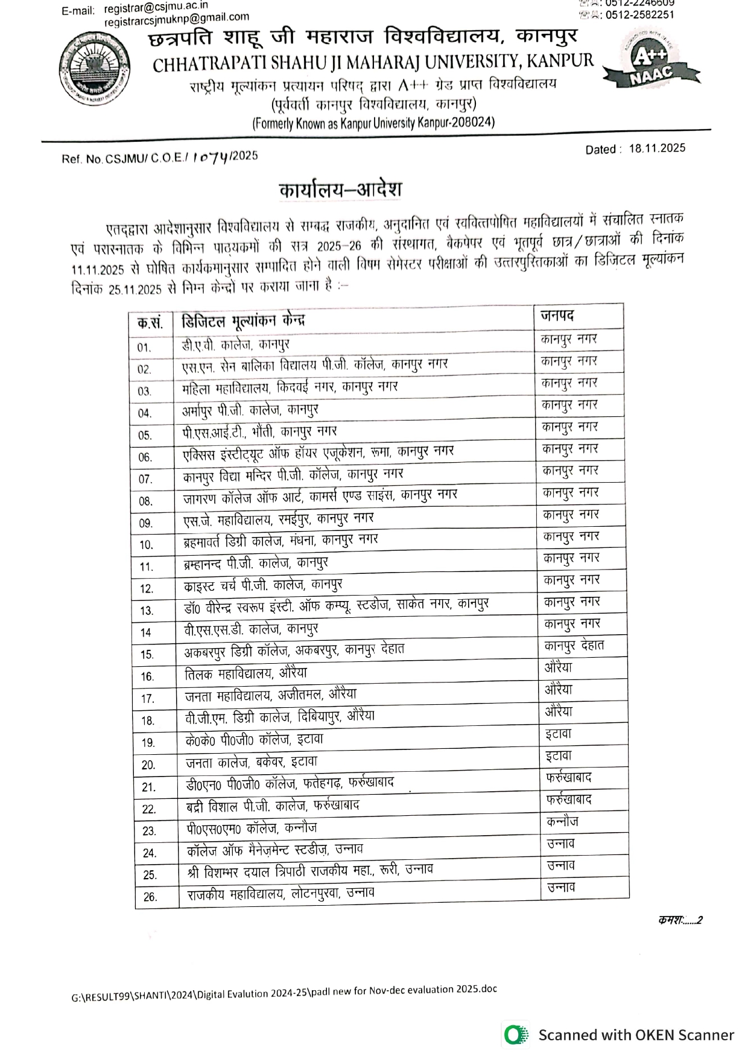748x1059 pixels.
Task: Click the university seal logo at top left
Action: tap(95, 68)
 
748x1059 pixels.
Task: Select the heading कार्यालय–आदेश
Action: tap(340, 189)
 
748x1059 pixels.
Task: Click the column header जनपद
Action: tap(557, 316)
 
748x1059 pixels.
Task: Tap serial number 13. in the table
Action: tap(147, 611)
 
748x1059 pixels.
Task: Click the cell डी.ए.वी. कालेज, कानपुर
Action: tap(236, 345)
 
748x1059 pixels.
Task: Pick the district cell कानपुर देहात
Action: tap(574, 646)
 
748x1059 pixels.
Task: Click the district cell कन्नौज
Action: tap(562, 821)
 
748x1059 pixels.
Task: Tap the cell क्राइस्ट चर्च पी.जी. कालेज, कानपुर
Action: tap(263, 585)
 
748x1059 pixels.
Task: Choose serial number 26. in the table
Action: tap(150, 897)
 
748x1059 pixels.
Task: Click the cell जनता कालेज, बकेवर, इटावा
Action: tap(251, 762)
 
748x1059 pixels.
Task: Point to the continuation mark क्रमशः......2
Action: tap(680, 920)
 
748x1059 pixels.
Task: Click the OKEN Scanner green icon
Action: tap(515, 1035)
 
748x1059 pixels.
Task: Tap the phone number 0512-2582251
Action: tap(639, 15)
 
